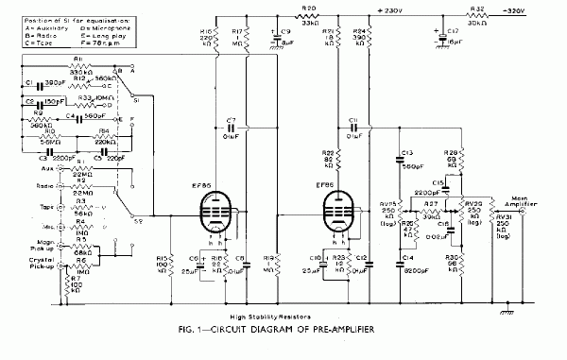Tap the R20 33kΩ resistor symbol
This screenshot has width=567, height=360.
coord(309,17)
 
